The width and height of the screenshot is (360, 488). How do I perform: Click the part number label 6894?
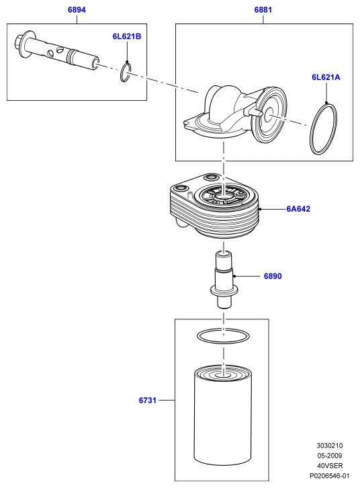[x=77, y=9]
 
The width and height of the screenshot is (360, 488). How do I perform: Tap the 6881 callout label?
[x=263, y=9]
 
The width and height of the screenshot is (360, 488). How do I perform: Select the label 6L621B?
[x=127, y=36]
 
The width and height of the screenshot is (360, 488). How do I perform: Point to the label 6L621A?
[x=326, y=77]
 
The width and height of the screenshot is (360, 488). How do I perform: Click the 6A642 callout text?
[x=298, y=209]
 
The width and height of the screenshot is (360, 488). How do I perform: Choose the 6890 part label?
[x=273, y=276]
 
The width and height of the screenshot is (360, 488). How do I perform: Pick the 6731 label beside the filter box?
[x=147, y=400]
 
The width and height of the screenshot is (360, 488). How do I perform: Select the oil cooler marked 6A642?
[x=214, y=206]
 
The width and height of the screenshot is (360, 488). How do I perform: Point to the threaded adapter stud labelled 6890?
[x=224, y=280]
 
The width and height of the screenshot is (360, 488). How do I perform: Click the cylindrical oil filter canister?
[x=223, y=416]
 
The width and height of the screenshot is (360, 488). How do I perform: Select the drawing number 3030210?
[x=330, y=446]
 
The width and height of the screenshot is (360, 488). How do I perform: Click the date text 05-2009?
[x=330, y=455]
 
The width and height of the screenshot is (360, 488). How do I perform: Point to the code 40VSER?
[x=330, y=466]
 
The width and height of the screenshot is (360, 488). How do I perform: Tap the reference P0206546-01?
[x=330, y=475]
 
